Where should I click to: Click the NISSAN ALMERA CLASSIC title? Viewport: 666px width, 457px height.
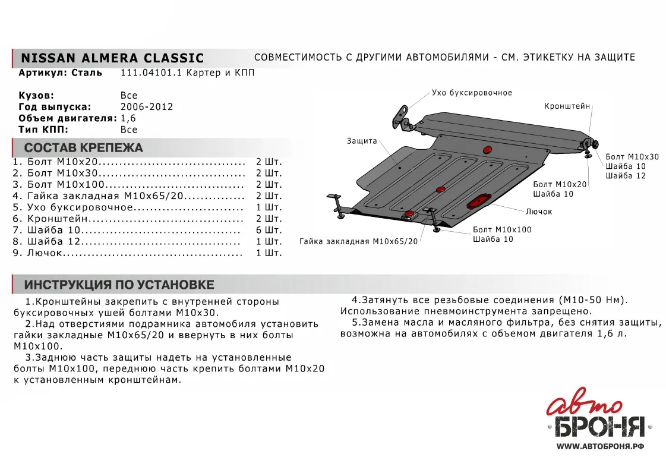tap(112, 58)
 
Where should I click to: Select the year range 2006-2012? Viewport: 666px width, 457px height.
tap(146, 107)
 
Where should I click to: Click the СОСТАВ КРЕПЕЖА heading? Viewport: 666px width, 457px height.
tap(83, 148)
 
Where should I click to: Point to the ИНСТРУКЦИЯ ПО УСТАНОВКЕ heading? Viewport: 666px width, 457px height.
tap(119, 285)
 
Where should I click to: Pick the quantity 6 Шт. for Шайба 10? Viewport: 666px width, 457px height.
tap(268, 230)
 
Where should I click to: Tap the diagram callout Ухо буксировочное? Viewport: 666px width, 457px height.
tap(472, 93)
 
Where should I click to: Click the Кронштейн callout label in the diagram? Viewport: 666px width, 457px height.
tap(567, 106)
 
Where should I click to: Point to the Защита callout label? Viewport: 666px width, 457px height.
tap(362, 141)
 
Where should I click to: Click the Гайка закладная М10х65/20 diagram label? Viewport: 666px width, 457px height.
tap(358, 242)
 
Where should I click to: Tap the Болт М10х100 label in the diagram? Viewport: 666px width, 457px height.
tap(502, 229)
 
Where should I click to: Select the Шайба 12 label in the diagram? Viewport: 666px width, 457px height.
tap(624, 176)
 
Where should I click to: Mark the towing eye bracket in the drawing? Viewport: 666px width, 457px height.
tap(402, 117)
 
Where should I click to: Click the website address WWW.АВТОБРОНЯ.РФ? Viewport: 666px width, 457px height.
tap(601, 446)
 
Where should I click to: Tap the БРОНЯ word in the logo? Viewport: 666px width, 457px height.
tap(599, 427)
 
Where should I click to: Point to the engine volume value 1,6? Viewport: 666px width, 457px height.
tap(128, 118)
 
